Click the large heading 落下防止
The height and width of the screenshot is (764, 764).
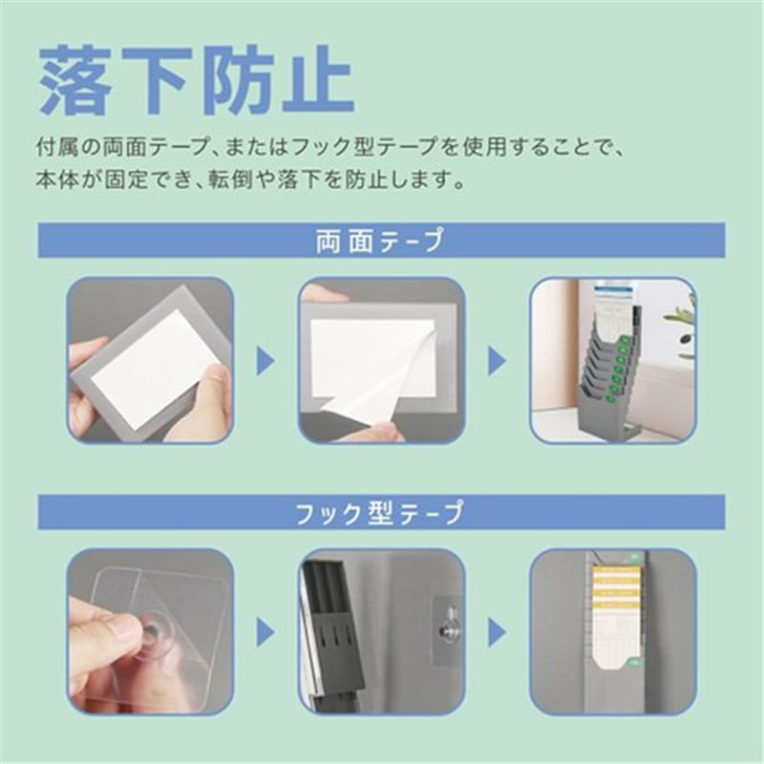point(197,80)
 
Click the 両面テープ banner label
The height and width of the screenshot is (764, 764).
point(380,241)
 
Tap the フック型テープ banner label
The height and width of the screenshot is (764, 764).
point(380,513)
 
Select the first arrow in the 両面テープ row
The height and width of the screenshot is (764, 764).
point(265,362)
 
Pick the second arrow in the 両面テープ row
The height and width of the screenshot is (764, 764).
point(498,362)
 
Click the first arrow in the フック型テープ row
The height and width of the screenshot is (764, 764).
point(265,632)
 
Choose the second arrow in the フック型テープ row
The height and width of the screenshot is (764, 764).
point(498,632)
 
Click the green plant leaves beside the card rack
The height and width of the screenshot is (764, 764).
point(680,328)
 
